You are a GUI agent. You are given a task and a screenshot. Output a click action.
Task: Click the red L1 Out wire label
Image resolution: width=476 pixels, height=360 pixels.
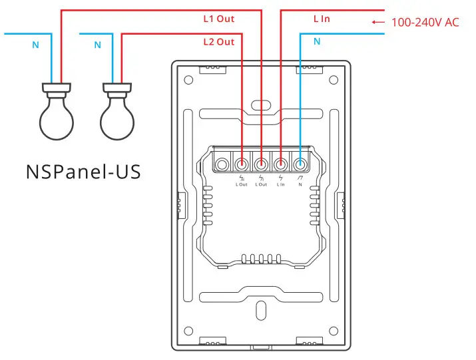point(218,19)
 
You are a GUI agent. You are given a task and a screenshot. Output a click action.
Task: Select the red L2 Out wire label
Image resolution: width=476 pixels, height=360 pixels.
point(218,42)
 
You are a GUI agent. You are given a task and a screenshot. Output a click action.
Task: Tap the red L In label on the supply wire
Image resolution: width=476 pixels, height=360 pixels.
point(322,19)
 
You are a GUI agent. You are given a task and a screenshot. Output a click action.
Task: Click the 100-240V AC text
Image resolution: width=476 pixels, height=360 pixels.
point(425,23)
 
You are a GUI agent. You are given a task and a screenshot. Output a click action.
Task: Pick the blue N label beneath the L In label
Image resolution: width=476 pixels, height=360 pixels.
point(317,41)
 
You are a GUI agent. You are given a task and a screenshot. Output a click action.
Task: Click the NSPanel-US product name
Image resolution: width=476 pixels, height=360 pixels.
point(83,172)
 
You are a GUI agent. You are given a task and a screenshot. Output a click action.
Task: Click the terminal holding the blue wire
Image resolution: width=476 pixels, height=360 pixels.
point(300,163)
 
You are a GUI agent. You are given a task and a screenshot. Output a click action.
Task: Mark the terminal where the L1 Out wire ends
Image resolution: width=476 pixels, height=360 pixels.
point(262,163)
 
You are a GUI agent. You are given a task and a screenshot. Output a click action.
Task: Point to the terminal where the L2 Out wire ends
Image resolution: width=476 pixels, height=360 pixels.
point(242,163)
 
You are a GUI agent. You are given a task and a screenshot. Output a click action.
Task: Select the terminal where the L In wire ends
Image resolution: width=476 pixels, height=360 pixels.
point(281,163)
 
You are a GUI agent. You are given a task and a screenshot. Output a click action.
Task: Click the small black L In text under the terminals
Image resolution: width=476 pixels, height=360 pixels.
point(281,184)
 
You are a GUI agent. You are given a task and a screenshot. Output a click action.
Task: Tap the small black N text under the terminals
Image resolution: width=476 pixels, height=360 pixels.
point(300,184)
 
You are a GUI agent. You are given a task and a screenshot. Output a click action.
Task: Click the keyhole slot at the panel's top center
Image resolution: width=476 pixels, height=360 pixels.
point(260,104)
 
